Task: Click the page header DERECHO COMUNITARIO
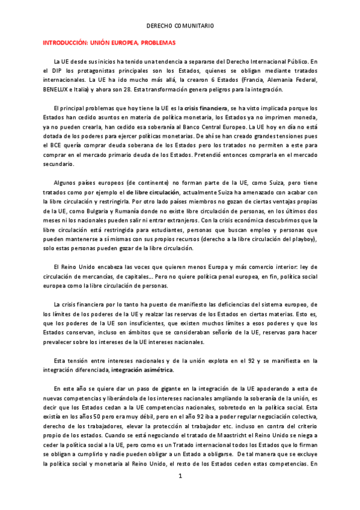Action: [x=180, y=26]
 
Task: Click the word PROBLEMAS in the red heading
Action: [x=154, y=43]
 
